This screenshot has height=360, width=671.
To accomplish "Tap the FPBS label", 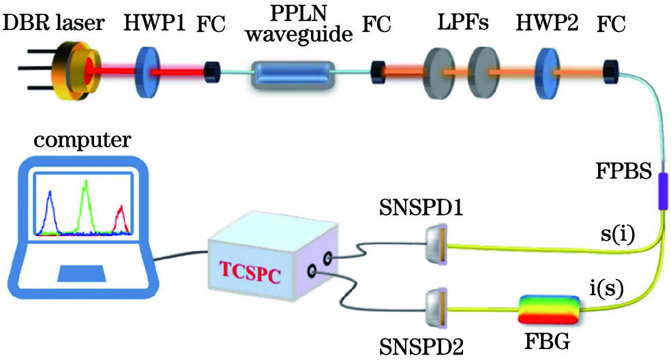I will coord(627,168).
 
